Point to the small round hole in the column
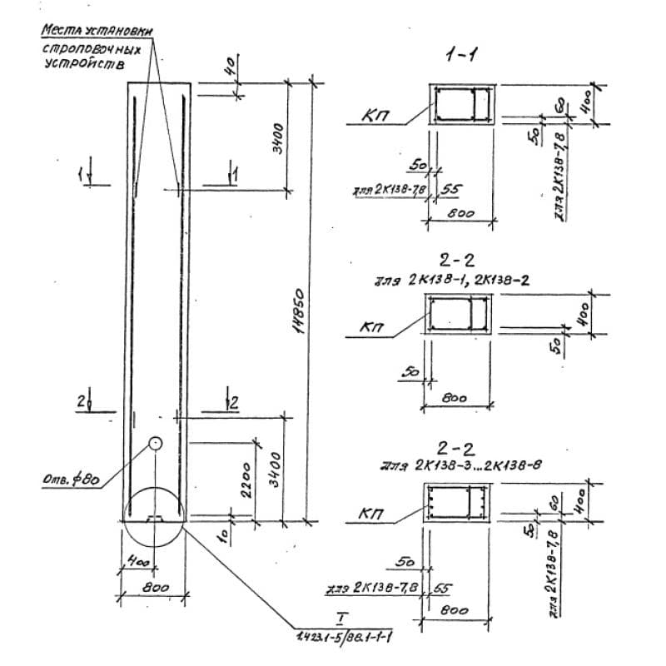point(156,442)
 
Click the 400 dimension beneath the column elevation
point(139,563)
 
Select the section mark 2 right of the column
point(234,402)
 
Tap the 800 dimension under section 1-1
point(460,214)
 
